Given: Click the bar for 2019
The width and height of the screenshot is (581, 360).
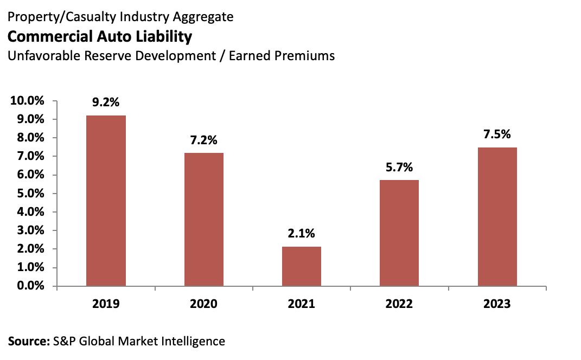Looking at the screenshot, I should pyautogui.click(x=106, y=201).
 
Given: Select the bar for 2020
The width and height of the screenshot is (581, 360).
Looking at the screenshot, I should pyautogui.click(x=204, y=219).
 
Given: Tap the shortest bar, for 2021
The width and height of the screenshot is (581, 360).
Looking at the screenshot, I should pyautogui.click(x=302, y=266).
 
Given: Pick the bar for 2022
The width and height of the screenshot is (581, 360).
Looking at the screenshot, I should pyautogui.click(x=399, y=233).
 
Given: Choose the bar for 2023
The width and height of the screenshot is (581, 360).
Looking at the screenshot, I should pyautogui.click(x=497, y=216).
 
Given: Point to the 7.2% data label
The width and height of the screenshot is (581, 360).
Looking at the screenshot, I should pyautogui.click(x=203, y=140).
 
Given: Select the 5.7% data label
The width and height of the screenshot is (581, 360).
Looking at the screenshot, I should pyautogui.click(x=399, y=167).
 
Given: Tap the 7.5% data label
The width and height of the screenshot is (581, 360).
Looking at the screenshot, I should pyautogui.click(x=497, y=134).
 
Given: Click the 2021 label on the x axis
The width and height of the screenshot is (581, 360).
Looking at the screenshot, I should pyautogui.click(x=301, y=304).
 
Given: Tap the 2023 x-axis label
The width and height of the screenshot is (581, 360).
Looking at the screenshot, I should pyautogui.click(x=497, y=304).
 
